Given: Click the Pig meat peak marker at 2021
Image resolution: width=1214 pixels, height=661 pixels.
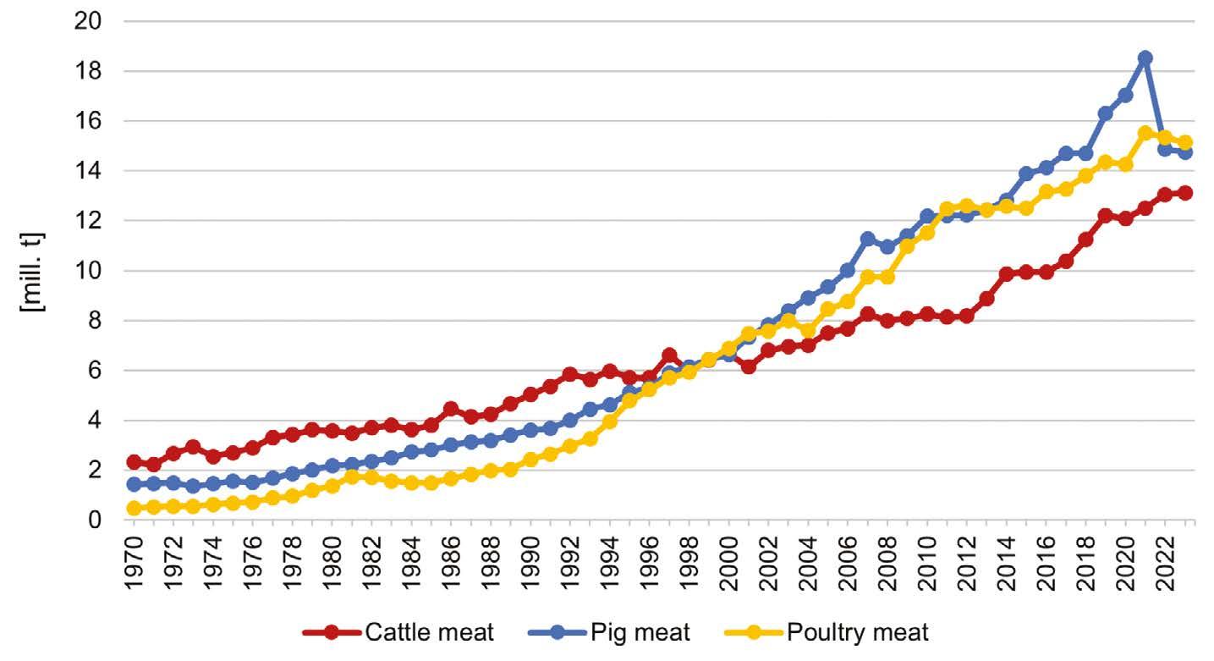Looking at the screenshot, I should click(x=1145, y=58).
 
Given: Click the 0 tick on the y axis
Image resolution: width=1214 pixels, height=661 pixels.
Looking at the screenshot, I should click(x=95, y=521).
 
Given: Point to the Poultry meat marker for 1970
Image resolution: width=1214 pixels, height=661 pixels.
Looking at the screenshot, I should click(x=134, y=509).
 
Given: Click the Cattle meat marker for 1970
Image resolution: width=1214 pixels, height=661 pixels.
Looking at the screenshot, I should click(x=134, y=462).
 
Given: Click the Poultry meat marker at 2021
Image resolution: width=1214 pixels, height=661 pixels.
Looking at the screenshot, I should click(x=1145, y=133).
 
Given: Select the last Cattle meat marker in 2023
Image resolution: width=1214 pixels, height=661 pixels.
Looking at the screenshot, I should click(x=1184, y=193).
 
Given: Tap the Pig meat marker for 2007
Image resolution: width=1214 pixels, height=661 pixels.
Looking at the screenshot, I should click(x=867, y=239).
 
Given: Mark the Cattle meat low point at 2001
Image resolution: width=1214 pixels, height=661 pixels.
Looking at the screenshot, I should click(x=748, y=366).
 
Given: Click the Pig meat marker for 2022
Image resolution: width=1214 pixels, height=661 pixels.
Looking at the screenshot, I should click(x=1165, y=149).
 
